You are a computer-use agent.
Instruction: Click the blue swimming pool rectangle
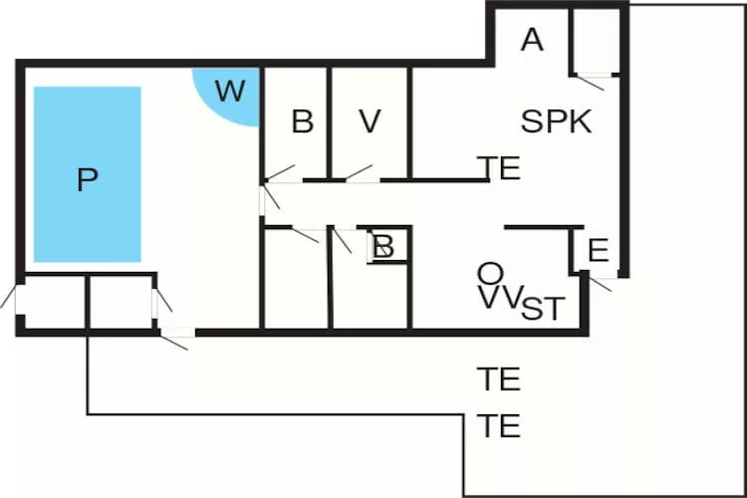[88, 174]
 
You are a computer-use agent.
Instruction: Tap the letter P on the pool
[88, 180]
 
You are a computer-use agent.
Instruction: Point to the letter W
[230, 92]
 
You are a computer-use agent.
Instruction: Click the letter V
[370, 122]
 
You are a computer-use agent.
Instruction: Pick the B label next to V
[303, 123]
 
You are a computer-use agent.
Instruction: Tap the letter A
[533, 40]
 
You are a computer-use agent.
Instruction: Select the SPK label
[557, 122]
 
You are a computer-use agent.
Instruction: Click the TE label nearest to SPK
[499, 168]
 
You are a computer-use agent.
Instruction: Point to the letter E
[598, 250]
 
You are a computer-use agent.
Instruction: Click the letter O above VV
[489, 273]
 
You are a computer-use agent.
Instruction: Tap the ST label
[542, 309]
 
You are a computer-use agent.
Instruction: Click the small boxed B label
[384, 245]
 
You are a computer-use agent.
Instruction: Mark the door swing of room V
[359, 172]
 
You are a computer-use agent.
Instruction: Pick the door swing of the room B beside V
[280, 172]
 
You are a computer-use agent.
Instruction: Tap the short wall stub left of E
[539, 228]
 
